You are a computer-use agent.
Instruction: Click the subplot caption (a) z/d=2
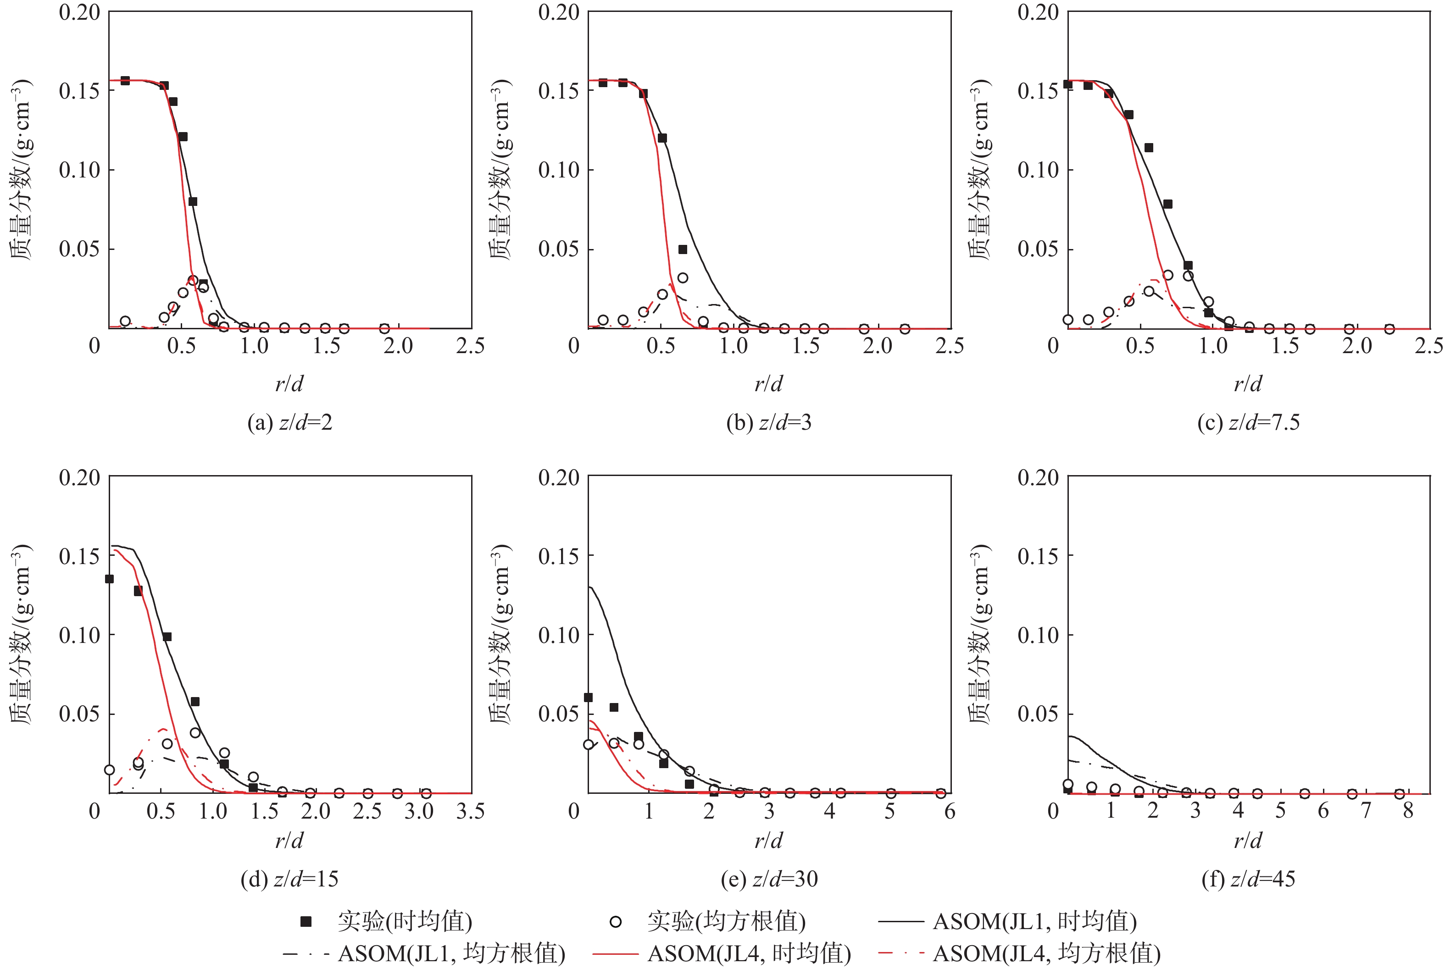289,423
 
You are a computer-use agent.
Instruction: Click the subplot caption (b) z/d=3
768,423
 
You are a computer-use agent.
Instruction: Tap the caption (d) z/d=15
289,878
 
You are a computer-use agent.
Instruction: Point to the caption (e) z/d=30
769,878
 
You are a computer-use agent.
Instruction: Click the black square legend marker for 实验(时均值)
306,921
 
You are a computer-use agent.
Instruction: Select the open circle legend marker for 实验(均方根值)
616,921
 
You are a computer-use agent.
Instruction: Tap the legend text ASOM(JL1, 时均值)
1034,921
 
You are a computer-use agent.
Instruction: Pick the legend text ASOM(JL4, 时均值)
749,953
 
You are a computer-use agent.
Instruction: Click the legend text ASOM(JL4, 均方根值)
1046,953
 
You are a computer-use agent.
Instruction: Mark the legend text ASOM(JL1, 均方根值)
451,953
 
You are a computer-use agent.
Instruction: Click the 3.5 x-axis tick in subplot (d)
470,811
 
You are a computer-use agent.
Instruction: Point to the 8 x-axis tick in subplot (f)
1408,811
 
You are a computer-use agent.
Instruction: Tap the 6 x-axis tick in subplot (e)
949,811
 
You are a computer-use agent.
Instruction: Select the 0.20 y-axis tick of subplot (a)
79,12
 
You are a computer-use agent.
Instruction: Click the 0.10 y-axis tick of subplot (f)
1038,635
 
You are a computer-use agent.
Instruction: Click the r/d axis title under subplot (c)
1248,384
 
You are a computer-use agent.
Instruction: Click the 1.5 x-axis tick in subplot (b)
806,346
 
